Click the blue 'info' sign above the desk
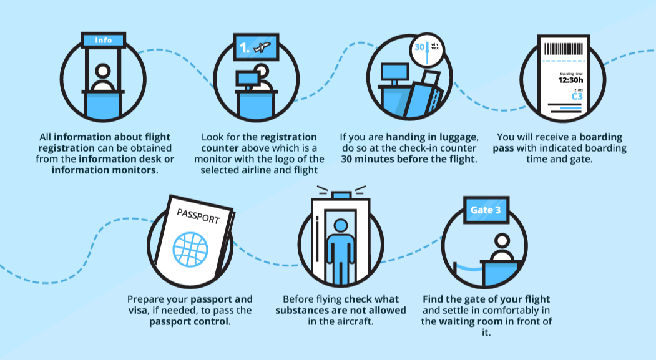click(103, 41)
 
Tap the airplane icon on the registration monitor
click(263, 47)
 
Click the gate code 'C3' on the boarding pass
click(577, 97)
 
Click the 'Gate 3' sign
click(486, 210)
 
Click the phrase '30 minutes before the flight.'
click(408, 159)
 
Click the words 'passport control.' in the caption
click(190, 321)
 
